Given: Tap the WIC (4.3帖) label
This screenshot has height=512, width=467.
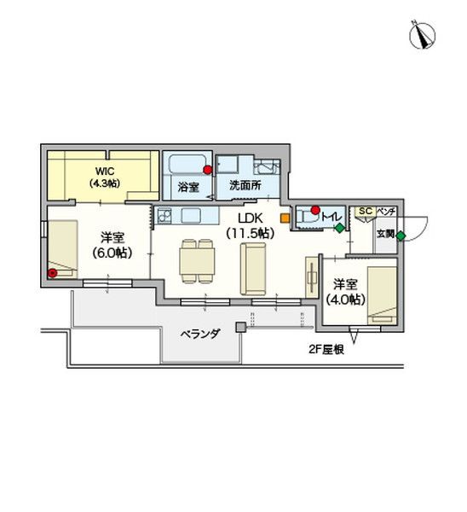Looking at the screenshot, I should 106,177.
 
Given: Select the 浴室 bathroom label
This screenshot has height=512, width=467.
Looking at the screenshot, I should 188,185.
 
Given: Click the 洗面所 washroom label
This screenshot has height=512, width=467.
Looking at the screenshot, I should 244,185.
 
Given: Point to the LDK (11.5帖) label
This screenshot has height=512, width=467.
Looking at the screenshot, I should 250,225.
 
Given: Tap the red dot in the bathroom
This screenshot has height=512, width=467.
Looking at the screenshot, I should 207,170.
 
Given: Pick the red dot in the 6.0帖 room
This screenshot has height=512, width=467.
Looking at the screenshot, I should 53,273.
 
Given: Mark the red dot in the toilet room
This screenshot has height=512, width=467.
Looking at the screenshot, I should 314,209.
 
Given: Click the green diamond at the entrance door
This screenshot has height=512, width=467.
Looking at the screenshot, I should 401,236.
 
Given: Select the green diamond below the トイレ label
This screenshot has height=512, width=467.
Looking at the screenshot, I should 339,228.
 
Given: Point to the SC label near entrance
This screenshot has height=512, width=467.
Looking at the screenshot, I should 365,210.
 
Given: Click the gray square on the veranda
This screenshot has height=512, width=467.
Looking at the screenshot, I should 241,326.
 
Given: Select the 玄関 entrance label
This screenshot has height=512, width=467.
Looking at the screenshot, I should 385,233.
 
